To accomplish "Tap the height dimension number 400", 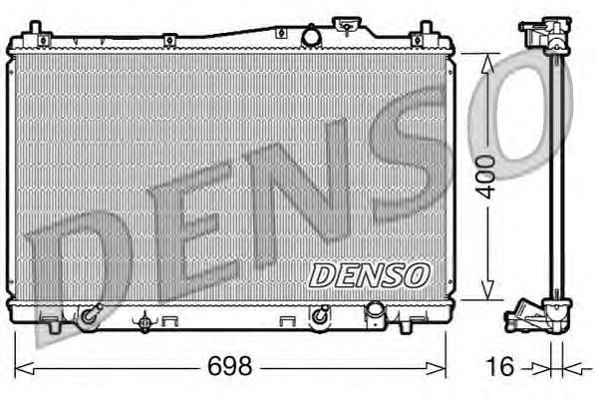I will (x=485, y=177).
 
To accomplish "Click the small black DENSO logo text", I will (x=368, y=272).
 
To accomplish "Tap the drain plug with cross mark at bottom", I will (x=147, y=321).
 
